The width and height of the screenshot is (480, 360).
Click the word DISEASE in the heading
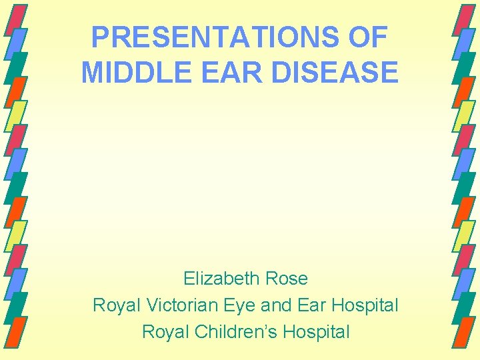tap(339, 72)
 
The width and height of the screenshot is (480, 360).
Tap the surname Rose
tap(286, 278)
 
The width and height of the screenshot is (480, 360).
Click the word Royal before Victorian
tap(115, 305)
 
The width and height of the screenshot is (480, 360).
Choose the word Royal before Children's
tap(163, 332)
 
